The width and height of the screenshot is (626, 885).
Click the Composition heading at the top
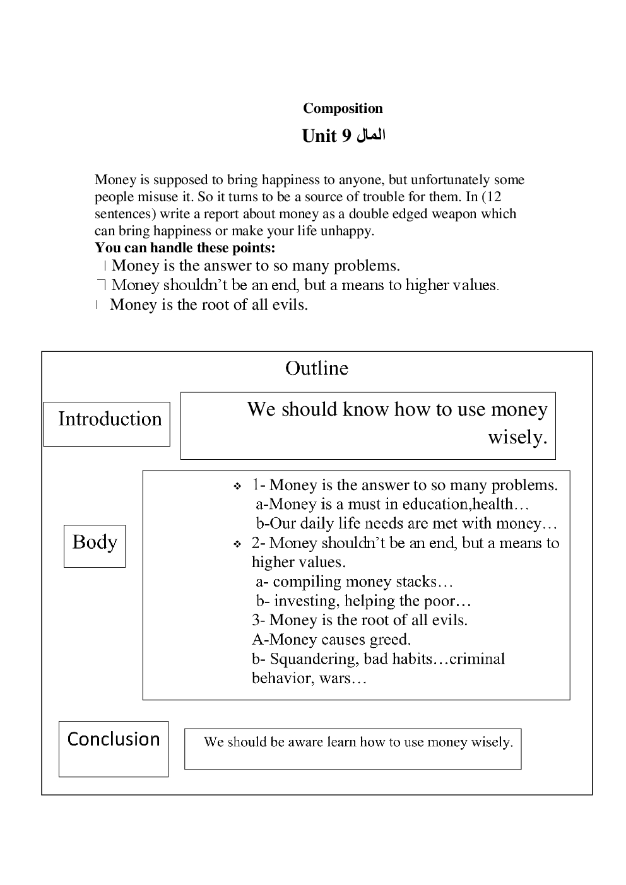[343, 108]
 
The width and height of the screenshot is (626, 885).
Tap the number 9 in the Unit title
[345, 137]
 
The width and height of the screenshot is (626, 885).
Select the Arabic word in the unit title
[371, 136]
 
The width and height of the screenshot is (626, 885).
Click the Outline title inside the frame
[316, 368]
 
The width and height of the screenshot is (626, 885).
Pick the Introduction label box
[107, 423]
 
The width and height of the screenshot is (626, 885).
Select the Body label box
[95, 546]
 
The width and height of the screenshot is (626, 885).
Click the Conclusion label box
[114, 748]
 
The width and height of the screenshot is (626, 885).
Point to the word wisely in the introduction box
[517, 437]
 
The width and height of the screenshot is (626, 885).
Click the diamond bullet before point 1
[237, 487]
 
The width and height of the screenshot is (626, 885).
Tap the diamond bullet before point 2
[237, 544]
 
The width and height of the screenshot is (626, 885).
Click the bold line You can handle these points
[185, 247]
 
